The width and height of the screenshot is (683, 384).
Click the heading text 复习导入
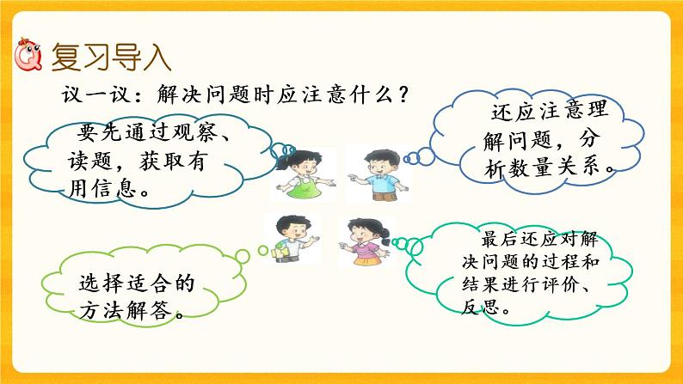pyautogui.click(x=111, y=58)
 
